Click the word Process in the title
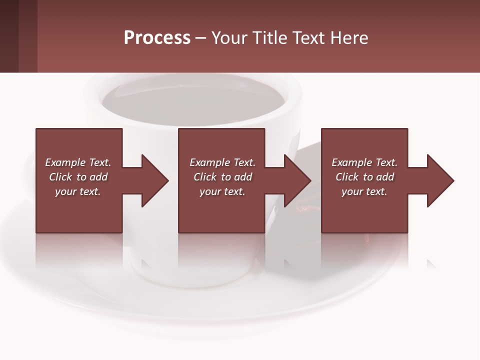pos(157,38)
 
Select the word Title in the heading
pos(270,38)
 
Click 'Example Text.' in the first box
pos(78,162)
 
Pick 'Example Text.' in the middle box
pos(222,162)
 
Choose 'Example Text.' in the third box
pos(364,162)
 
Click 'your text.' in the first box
pos(78,191)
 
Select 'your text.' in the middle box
pos(222,191)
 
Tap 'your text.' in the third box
pos(364,191)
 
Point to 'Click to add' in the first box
pos(78,177)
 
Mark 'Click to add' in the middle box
pos(222,177)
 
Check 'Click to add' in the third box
pos(364,177)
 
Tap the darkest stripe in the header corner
pos(9,36)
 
